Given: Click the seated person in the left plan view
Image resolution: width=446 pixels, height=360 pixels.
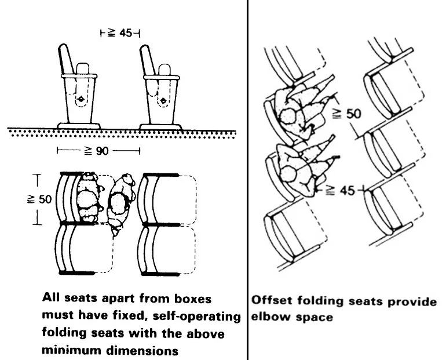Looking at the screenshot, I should click(87, 197).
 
